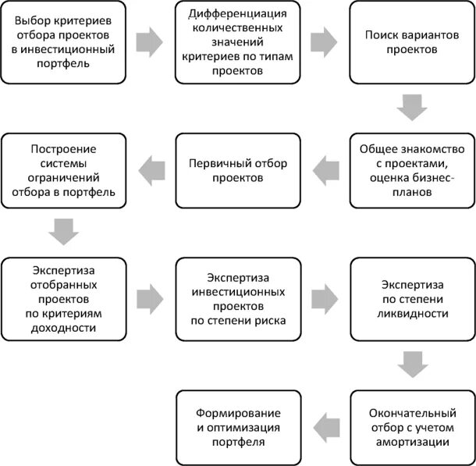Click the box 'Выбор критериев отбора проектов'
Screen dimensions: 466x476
pos(63,43)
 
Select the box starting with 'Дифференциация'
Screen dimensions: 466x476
pos(237,43)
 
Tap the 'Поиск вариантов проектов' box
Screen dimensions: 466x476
pos(412,43)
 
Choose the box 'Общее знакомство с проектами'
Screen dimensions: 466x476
pos(412,170)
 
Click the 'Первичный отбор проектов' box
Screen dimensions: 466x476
pos(237,170)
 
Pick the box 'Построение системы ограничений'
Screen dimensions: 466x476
pos(63,170)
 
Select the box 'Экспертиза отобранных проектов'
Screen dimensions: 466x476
pos(63,297)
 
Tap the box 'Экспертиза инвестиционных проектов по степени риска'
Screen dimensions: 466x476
pos(237,297)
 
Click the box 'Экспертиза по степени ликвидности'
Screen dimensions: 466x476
pos(412,297)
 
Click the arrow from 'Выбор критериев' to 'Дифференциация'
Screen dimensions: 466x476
pos(150,41)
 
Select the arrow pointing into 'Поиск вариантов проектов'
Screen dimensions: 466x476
pos(325,41)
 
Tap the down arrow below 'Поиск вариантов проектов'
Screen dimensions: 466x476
pos(412,107)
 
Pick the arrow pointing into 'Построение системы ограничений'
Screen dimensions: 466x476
pos(151,168)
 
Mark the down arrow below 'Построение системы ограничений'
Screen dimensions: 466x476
pos(63,233)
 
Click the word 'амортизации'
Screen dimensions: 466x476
pos(412,442)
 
